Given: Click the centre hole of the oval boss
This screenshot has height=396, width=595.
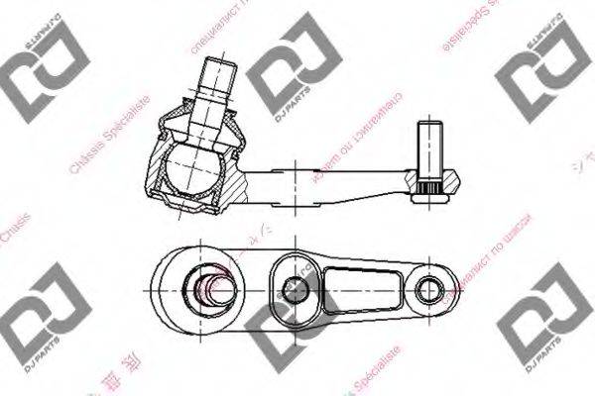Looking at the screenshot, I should tap(293, 289).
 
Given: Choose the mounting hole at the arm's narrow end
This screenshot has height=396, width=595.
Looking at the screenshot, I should tap(428, 290).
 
